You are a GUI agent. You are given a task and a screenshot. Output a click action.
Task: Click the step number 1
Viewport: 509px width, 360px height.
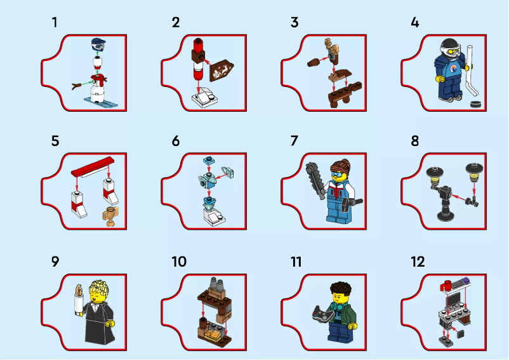point(55,23)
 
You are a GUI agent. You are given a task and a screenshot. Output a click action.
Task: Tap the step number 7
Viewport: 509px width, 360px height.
point(294,141)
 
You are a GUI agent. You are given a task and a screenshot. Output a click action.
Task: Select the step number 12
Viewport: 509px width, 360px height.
point(417,262)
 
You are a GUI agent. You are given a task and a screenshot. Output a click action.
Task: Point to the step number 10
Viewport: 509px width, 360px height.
point(179,262)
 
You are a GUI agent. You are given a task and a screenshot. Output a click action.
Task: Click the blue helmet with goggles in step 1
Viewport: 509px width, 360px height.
point(97,44)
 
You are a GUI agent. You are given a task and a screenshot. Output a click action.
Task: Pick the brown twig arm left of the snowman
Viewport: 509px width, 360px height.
point(78,83)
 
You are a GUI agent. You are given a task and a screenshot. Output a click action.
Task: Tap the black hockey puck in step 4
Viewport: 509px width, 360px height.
point(473,105)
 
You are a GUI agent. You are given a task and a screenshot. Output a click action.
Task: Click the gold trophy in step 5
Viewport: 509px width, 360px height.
point(111,216)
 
